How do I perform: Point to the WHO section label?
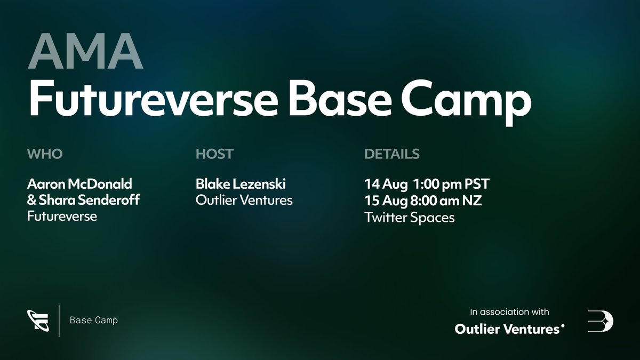tap(45, 154)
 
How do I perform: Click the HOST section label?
tap(214, 154)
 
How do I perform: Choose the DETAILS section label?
tap(392, 154)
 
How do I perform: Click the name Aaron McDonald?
tap(79, 184)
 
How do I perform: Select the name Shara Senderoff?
tap(84, 200)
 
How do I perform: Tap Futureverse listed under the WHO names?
tap(62, 216)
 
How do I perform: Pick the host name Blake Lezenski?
tap(241, 184)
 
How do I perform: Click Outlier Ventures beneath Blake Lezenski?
tap(244, 200)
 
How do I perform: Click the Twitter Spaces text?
tap(410, 217)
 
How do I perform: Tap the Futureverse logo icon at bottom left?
tap(38, 320)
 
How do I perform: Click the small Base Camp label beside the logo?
tap(94, 321)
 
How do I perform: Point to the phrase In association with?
tap(509, 312)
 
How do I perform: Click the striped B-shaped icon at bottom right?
tap(601, 321)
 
